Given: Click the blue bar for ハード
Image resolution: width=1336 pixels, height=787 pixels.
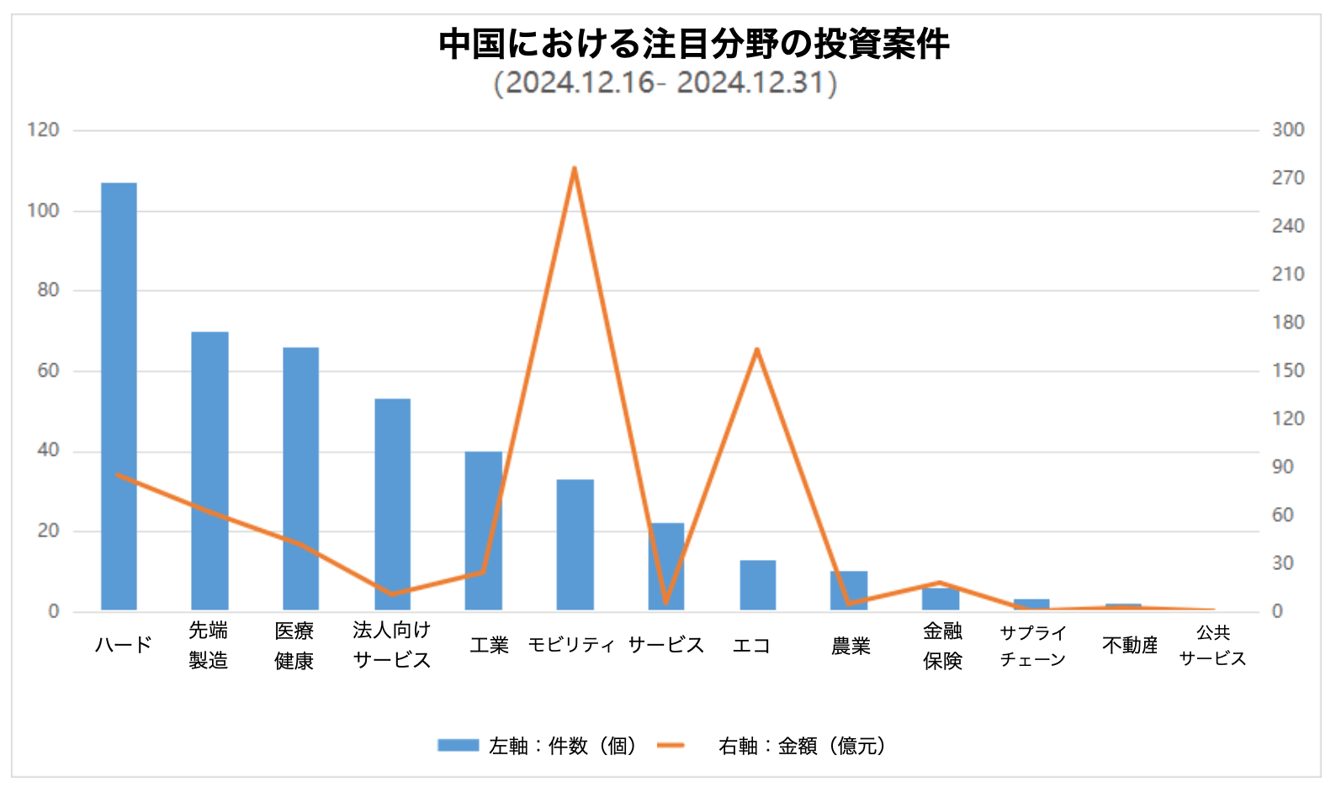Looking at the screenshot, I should click(x=119, y=395).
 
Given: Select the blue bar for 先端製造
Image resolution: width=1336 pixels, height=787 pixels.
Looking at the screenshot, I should click(x=209, y=471).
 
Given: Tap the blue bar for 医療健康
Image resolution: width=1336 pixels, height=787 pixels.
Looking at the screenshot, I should click(x=300, y=478).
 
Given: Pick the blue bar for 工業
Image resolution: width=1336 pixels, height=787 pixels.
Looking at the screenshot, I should click(x=483, y=530).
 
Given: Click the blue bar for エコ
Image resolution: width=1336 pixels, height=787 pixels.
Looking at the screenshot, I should click(x=757, y=584).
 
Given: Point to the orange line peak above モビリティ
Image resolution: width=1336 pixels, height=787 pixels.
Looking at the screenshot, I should click(x=574, y=168).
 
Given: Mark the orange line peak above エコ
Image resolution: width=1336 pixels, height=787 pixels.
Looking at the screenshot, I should click(x=756, y=349).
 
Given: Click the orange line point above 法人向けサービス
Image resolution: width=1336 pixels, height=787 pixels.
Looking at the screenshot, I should click(x=391, y=594).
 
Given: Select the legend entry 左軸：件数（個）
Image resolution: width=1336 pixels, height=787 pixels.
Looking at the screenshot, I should click(x=538, y=746).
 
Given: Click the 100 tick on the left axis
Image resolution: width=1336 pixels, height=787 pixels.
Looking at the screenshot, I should click(x=43, y=210).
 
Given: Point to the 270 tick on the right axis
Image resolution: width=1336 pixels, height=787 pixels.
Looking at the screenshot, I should click(x=1287, y=178).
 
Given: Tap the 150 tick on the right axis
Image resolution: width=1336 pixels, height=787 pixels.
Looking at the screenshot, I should click(x=1287, y=371).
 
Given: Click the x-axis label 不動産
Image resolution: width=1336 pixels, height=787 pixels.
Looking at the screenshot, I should click(x=1130, y=645).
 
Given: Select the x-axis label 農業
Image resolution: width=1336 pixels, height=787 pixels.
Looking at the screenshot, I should click(x=851, y=646).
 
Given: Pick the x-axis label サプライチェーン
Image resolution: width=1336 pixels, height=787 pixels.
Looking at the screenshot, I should click(x=1032, y=646).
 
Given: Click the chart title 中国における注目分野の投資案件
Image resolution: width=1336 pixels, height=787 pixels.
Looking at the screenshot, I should click(x=694, y=44).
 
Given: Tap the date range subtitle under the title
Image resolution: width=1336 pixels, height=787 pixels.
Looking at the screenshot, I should click(x=665, y=83).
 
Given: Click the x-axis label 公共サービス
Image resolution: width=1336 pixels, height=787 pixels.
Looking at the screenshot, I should click(x=1212, y=645).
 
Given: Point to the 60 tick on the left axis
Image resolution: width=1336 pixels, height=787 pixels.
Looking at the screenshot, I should click(x=48, y=371).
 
